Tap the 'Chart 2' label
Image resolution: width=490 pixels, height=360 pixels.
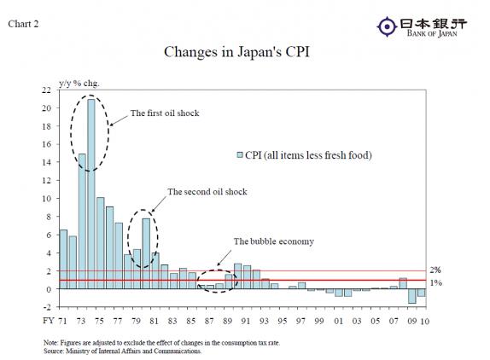(x=26, y=23)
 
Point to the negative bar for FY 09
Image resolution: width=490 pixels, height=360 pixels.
(x=411, y=296)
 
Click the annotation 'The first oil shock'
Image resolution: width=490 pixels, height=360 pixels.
(x=165, y=113)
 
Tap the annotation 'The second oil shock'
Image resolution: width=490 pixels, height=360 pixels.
(x=207, y=192)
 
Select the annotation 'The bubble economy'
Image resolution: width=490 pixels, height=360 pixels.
(x=274, y=241)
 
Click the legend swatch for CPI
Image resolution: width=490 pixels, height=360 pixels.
(x=240, y=154)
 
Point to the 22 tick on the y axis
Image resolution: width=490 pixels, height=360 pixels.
(x=46, y=90)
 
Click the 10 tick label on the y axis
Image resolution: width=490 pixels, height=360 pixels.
(x=46, y=198)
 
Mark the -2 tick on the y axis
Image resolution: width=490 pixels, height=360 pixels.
(x=46, y=306)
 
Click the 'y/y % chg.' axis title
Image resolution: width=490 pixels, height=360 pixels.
(x=79, y=82)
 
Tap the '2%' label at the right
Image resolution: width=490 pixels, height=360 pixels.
(x=435, y=270)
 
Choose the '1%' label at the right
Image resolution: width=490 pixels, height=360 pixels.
(x=435, y=282)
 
